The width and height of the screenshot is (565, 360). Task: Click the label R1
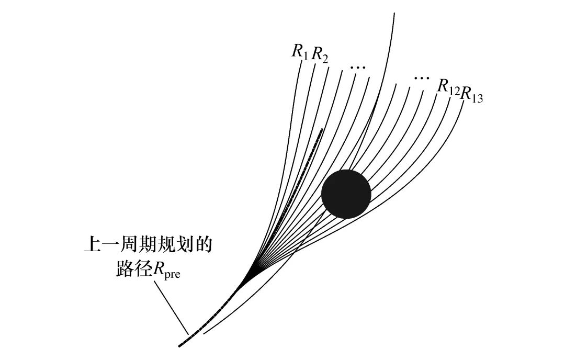[x=300, y=51]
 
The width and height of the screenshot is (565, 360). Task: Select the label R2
[x=320, y=54]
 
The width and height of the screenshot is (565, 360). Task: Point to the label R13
[x=471, y=95]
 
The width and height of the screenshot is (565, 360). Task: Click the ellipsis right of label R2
[x=358, y=67]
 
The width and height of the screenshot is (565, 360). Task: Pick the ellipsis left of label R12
[x=420, y=78]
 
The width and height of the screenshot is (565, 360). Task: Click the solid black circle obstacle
[x=346, y=194]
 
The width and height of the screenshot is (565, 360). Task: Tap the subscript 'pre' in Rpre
[x=172, y=274]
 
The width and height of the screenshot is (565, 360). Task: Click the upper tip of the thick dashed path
[x=322, y=129]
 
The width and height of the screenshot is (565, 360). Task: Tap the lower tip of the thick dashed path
[x=179, y=345]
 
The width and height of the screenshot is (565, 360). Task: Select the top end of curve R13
[x=463, y=105]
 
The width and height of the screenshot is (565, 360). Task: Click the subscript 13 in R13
[x=477, y=98]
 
